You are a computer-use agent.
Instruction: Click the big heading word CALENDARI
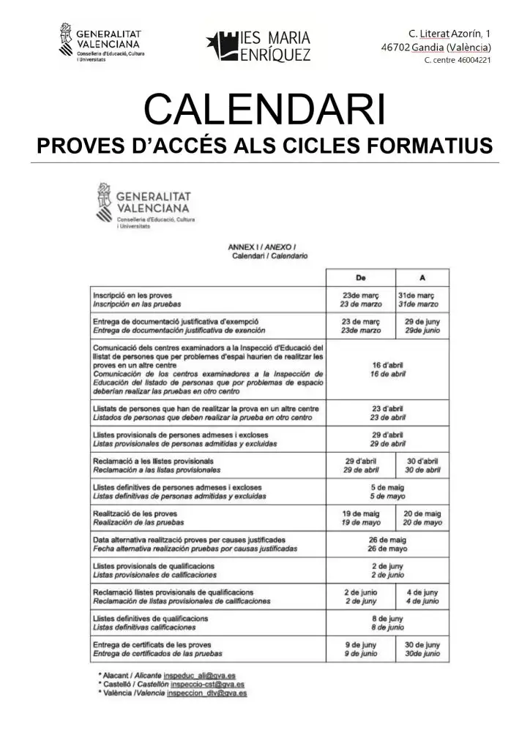click(x=264, y=110)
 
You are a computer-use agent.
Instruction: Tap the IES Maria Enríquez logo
click(x=258, y=45)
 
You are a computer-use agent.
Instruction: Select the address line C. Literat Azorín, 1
click(x=449, y=34)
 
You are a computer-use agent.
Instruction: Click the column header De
click(x=360, y=278)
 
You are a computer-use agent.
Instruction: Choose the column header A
click(x=422, y=278)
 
